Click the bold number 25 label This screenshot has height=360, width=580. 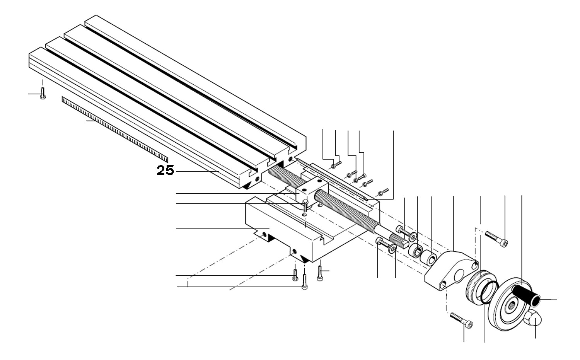click(165, 171)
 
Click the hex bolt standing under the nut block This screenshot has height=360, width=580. click(305, 205)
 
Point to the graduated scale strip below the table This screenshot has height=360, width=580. click(114, 128)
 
